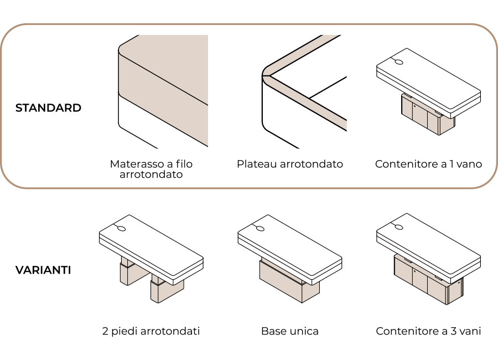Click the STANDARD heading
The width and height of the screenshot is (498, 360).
coord(48,108)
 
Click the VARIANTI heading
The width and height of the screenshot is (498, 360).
coord(43,270)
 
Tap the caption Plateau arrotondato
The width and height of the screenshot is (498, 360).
coord(289,164)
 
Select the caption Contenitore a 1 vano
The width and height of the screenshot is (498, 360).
coord(428,164)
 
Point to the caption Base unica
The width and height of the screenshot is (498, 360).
coord(289,331)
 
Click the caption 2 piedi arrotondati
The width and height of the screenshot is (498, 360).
coord(151,331)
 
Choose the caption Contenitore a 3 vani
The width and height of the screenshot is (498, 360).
coord(428,331)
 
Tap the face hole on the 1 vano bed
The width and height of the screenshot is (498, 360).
coord(399,61)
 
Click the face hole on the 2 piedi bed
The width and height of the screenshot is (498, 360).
coord(122,228)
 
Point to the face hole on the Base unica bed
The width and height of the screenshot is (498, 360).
coord(260,228)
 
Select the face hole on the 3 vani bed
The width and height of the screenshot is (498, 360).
coord(399,227)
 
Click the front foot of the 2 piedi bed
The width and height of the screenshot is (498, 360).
coord(166,290)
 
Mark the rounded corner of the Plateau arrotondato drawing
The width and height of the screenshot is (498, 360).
coord(266,74)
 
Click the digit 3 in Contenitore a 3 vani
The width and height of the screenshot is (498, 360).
coord(453,331)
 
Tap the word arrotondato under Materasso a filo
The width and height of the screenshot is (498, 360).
coord(151,174)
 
